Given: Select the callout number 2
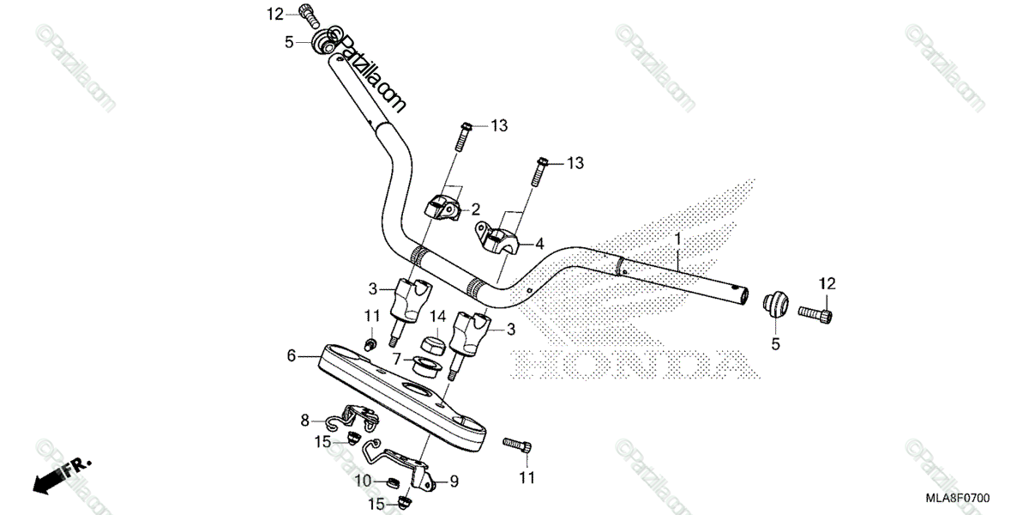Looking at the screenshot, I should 474,209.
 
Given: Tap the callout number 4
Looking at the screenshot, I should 539,243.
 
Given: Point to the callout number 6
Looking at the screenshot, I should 291,354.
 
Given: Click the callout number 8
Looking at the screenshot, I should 304,420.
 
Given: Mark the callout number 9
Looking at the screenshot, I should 454,481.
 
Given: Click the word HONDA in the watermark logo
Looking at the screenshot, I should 635,365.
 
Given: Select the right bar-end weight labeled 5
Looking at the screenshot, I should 774,304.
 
